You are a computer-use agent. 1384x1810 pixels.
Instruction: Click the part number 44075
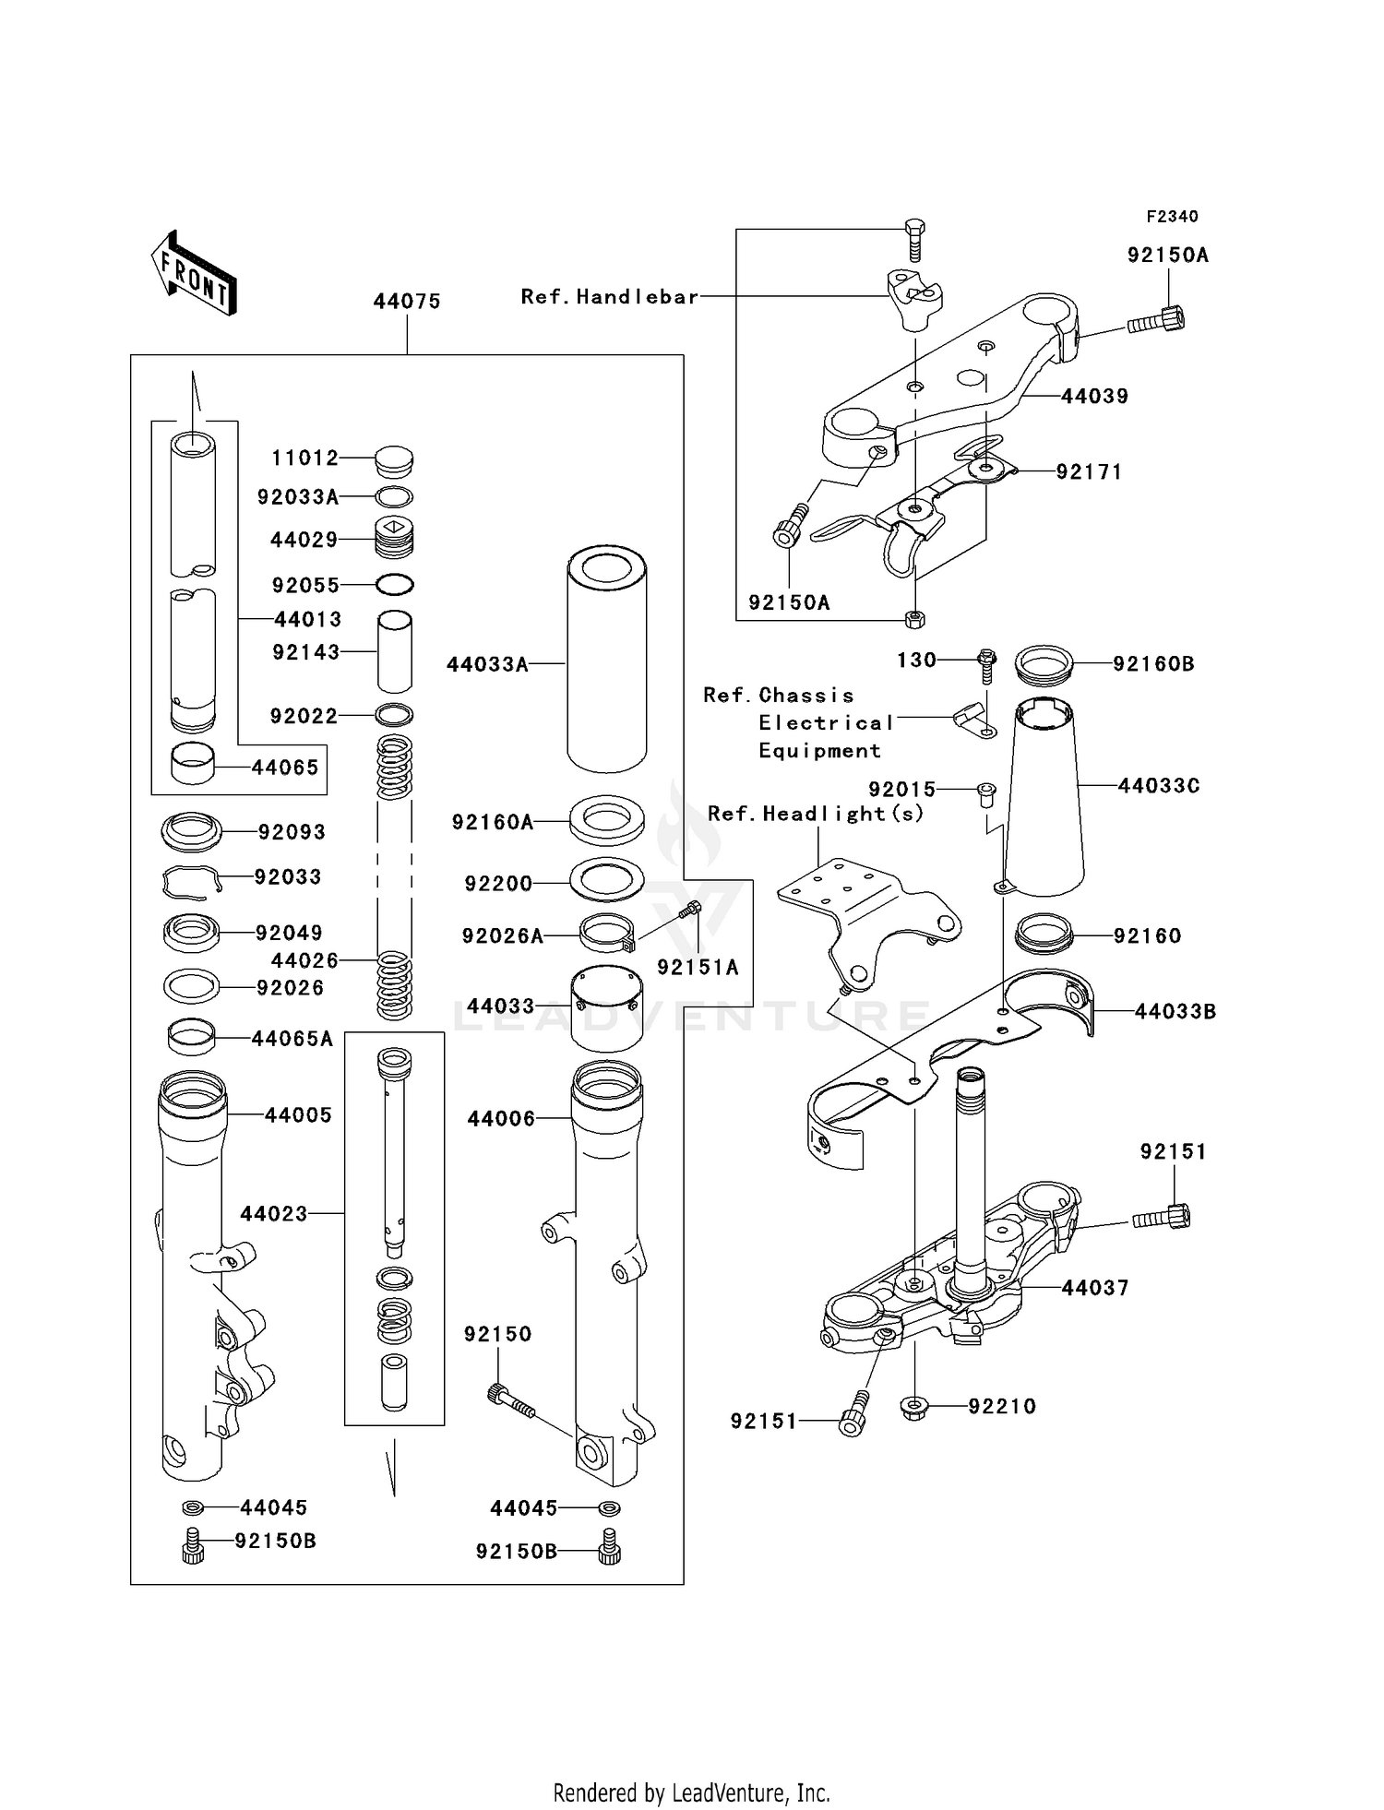coord(407,301)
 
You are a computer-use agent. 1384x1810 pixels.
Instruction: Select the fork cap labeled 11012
coord(394,460)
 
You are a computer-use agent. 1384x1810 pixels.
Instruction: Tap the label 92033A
coord(297,497)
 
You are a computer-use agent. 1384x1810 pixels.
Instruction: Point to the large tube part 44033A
coord(606,660)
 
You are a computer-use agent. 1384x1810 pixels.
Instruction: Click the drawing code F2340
coord(1172,216)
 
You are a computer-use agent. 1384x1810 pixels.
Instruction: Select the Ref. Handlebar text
coord(609,296)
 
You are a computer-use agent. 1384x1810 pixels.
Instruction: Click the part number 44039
coord(1094,396)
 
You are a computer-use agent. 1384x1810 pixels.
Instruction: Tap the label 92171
coord(1089,471)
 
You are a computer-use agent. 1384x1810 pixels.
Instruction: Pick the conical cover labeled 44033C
coord(1044,798)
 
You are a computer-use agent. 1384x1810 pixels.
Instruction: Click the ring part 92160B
coord(1044,664)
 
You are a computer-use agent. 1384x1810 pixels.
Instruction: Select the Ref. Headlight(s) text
coord(816,813)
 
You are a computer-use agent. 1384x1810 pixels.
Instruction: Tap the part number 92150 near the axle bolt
coord(497,1333)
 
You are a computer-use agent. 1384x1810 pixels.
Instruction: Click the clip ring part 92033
coord(192,882)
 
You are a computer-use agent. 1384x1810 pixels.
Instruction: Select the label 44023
coord(273,1213)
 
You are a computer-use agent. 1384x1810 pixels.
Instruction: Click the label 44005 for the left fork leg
coord(297,1114)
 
